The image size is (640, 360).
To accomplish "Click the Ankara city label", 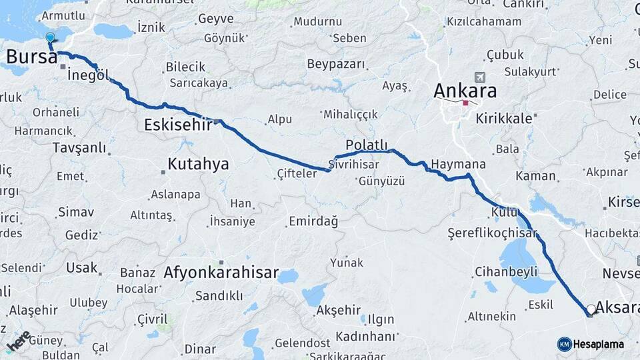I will tap(465, 90).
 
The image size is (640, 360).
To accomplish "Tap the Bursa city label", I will tap(31, 57).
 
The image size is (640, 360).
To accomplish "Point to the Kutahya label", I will tap(198, 163).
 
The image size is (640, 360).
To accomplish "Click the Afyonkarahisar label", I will tap(221, 273).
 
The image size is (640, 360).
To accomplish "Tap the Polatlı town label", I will tap(366, 145).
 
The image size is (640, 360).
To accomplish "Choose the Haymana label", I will tap(458, 164).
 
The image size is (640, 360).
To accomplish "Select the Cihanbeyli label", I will tap(506, 272).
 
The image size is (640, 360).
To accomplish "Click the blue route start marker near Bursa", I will tap(50, 38).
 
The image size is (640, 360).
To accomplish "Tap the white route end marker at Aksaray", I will tap(591, 309).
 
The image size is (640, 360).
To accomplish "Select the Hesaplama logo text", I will tap(598, 344).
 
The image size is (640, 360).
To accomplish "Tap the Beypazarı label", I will tap(337, 64).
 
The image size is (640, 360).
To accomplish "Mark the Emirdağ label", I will tap(313, 221).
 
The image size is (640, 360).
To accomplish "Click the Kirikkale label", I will tap(504, 119).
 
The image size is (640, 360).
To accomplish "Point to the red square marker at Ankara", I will tap(465, 103).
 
